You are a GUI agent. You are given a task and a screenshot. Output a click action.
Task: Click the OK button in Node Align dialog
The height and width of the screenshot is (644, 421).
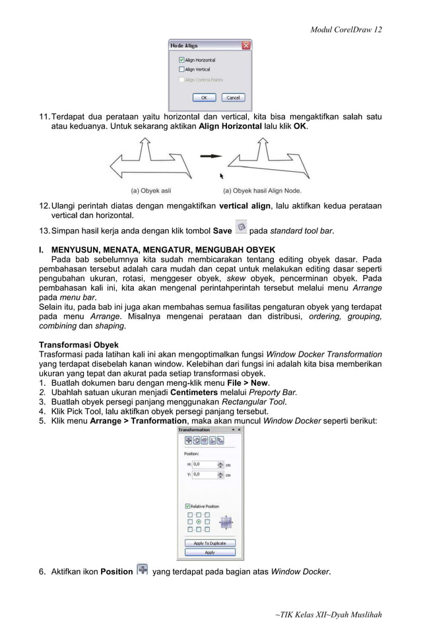pos(203,97)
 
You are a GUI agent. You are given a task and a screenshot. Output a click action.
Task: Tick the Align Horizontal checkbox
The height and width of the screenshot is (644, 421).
pos(182,60)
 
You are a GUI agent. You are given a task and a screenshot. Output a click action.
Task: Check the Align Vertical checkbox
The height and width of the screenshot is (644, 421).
pos(182,69)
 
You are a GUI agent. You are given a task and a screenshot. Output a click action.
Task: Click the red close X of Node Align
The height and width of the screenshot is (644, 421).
pos(246,46)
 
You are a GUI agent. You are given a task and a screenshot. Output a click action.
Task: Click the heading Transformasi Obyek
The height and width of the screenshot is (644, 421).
pos(79,345)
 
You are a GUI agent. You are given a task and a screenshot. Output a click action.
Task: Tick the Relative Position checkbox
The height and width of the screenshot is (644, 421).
pos(188,507)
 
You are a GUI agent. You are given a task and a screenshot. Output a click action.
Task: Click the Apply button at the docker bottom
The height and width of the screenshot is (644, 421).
pos(210,552)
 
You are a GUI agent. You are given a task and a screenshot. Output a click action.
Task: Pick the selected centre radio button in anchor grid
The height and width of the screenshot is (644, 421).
pos(199,521)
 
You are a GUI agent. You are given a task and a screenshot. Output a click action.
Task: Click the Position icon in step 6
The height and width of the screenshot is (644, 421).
pos(142,570)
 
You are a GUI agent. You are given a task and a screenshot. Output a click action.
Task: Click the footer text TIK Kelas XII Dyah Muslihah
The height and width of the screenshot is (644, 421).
pos(328,615)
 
